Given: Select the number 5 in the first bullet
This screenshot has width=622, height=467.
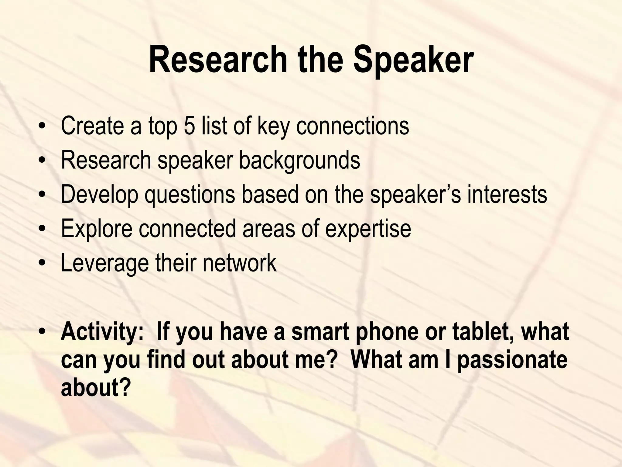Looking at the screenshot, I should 189,126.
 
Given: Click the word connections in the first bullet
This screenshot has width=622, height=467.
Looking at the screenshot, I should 352,126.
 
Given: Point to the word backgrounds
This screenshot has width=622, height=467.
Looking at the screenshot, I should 299,160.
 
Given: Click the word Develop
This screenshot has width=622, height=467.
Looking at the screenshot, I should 99,195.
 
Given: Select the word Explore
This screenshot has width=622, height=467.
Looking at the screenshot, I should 97,229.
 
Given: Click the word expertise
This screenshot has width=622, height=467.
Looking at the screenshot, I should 368,229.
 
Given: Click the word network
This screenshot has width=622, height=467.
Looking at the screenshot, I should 240,263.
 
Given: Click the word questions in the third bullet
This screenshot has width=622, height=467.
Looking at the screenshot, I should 190,195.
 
